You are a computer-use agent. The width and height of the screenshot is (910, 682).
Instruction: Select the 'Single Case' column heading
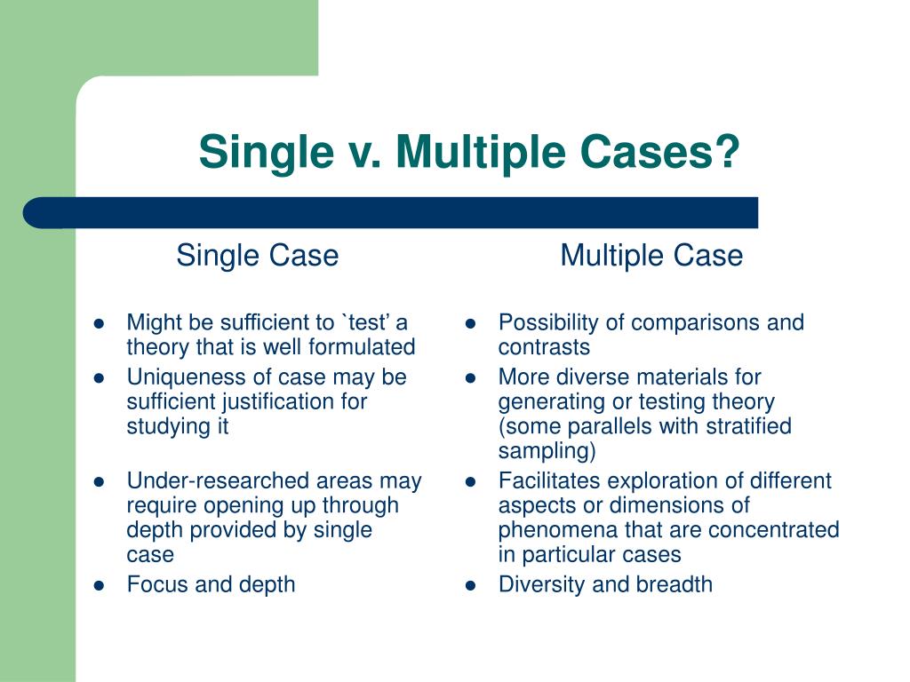[257, 256]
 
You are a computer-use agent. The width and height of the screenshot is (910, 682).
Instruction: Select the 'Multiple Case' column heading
[651, 256]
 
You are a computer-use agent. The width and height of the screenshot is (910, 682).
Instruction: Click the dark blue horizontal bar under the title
[391, 213]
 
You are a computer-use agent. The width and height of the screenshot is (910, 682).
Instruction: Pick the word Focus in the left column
[154, 584]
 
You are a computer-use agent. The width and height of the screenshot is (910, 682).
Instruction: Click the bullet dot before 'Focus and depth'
[100, 585]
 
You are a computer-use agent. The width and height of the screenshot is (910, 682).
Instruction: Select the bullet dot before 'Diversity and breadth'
[472, 585]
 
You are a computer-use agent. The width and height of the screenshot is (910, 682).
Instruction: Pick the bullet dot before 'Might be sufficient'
[100, 323]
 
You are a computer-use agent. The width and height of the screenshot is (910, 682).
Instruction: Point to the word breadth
[675, 584]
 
